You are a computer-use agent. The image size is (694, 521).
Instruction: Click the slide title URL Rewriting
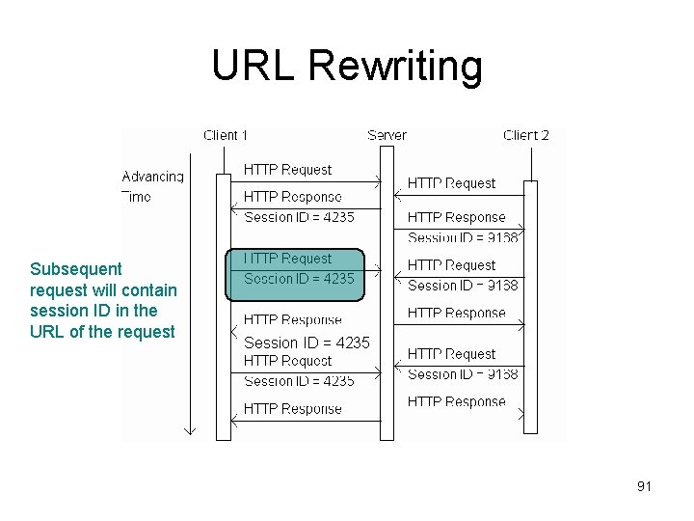pos(346,66)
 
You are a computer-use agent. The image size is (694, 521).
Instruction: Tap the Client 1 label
pos(226,135)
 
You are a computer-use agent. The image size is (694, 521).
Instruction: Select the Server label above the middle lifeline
pos(387,135)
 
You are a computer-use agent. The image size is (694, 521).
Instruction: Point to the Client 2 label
pos(526,135)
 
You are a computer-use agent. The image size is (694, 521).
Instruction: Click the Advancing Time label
pos(152,185)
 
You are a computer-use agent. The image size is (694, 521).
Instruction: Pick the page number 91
pos(644,486)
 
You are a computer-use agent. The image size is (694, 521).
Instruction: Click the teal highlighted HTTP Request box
pos(296,269)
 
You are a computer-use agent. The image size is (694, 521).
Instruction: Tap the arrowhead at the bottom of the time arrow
pos(190,429)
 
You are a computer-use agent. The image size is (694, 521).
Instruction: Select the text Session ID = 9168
pos(463,237)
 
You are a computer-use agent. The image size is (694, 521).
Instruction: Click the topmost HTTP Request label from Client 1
pos(287,170)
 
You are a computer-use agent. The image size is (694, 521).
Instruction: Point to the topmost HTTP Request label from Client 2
pos(451,183)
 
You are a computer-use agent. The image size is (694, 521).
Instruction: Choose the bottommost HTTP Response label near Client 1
pos(292,409)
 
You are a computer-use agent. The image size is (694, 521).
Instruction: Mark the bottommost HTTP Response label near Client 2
pos(456,401)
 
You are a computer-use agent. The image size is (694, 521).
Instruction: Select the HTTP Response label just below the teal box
pos(292,319)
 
